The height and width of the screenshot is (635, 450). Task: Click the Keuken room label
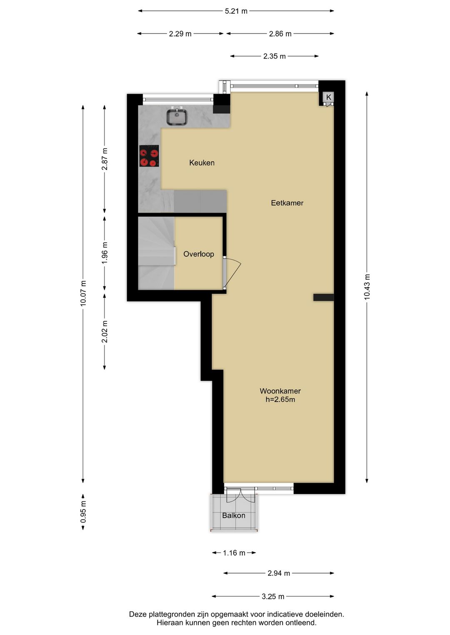click(x=202, y=163)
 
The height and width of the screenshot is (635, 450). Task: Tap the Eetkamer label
click(x=287, y=203)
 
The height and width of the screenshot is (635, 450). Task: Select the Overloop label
click(x=199, y=254)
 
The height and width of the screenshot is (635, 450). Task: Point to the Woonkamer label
click(x=280, y=391)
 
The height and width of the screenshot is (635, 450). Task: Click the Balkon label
click(x=233, y=515)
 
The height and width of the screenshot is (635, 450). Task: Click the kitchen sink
click(x=177, y=117)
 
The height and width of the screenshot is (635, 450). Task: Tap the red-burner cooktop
click(x=149, y=156)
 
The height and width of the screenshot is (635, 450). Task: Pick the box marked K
click(x=328, y=97)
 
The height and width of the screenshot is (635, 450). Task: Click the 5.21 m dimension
click(x=236, y=11)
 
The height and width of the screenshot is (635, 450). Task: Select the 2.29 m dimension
click(x=180, y=34)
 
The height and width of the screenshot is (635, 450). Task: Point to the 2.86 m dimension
click(x=280, y=34)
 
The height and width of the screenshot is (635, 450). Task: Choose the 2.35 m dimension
click(x=274, y=56)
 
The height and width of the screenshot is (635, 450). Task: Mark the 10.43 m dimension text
click(x=367, y=287)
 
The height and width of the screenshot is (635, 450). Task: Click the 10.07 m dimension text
click(x=83, y=294)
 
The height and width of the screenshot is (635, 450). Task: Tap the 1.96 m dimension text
click(x=105, y=253)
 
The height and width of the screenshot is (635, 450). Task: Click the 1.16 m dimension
click(x=234, y=553)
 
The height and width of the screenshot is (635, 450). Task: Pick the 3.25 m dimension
click(x=273, y=596)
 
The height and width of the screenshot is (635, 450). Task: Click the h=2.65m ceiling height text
click(x=280, y=399)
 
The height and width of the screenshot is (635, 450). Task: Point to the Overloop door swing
click(x=232, y=273)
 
